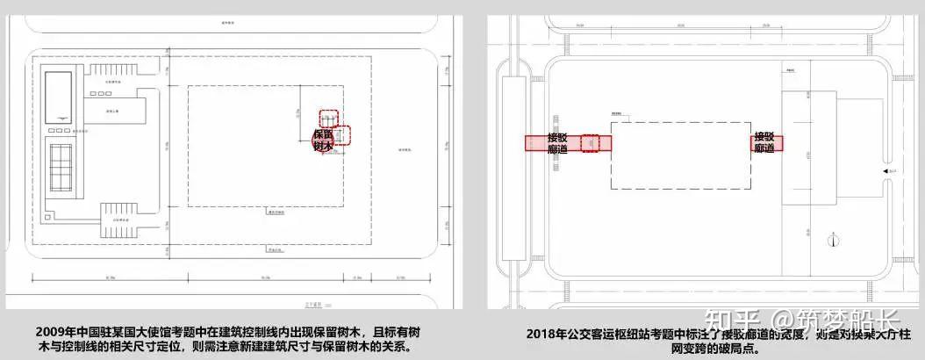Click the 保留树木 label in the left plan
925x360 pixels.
pos(324,140)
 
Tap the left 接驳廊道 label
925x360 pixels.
pos(557,143)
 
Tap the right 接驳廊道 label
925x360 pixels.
pos(764,142)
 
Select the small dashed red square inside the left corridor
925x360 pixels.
pos(591,142)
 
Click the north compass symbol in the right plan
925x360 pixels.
pos(829,240)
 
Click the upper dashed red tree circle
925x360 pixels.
pos(328,118)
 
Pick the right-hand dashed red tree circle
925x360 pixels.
pos(341,135)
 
